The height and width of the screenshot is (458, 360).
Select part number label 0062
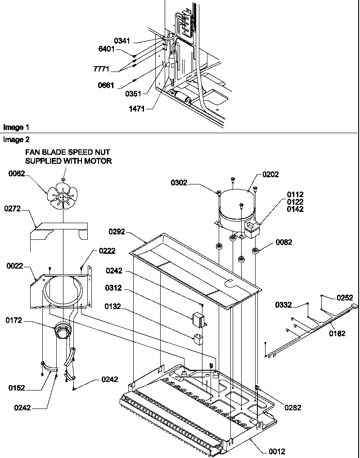click(17, 174)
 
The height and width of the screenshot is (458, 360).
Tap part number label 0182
click(337, 333)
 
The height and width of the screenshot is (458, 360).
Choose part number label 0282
click(292, 408)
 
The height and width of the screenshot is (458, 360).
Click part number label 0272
click(13, 209)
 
